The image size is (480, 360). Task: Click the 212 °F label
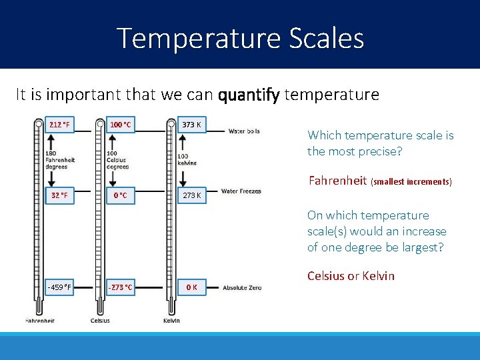60,125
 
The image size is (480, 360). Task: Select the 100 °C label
121,125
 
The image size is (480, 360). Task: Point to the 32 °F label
60,195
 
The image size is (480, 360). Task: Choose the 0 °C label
121,195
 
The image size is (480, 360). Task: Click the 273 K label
193,195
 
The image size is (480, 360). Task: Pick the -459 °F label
59,287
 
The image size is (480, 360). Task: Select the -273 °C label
120,287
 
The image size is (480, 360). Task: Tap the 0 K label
191,287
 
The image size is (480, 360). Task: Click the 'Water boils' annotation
244,131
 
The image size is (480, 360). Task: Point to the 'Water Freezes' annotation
241,191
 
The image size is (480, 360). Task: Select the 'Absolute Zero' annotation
242,288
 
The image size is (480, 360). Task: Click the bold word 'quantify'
249,95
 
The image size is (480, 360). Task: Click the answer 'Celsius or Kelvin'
351,276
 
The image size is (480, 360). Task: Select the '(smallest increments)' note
411,181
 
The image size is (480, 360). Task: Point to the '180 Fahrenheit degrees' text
60,159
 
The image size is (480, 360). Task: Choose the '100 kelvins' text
187,159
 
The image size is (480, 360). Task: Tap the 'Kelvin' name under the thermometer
171,321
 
